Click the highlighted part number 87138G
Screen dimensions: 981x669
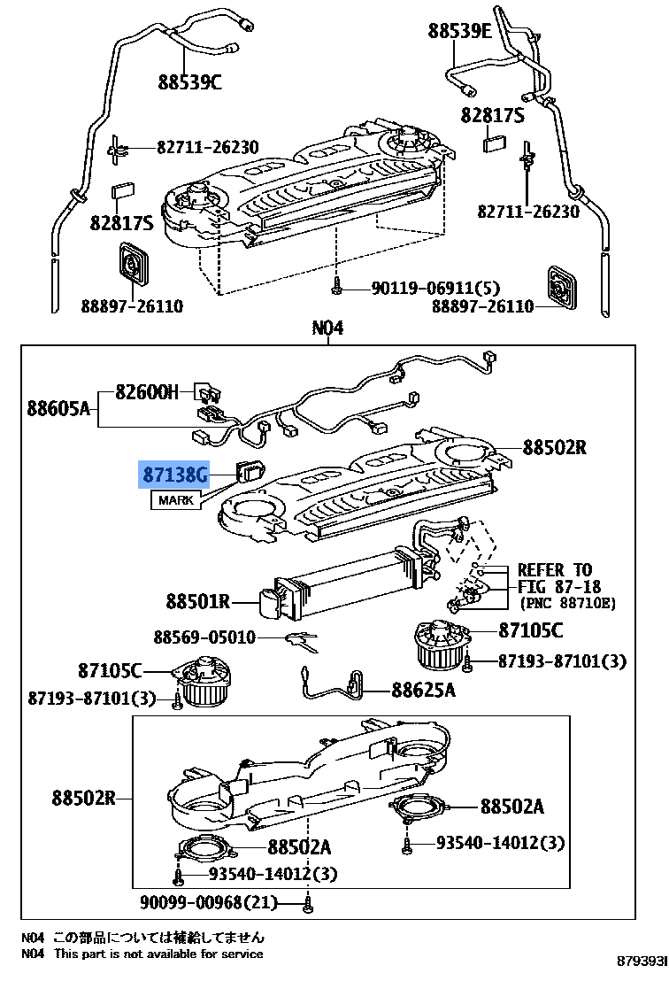[x=175, y=476]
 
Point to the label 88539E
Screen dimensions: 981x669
[x=459, y=31]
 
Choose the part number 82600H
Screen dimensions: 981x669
[x=147, y=392]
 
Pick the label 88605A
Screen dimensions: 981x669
[x=58, y=408]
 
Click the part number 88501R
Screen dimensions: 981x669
[x=197, y=602]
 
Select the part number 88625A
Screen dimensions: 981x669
[x=423, y=690]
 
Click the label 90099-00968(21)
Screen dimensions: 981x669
[x=209, y=903]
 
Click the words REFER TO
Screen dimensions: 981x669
[x=555, y=569]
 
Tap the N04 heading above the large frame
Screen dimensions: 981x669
[x=327, y=329]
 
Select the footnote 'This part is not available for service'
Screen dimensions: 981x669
[x=158, y=954]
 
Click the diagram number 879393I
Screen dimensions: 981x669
[x=642, y=962]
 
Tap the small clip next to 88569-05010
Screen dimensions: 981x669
[x=300, y=638]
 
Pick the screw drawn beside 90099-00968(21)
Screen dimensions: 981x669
[x=307, y=903]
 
